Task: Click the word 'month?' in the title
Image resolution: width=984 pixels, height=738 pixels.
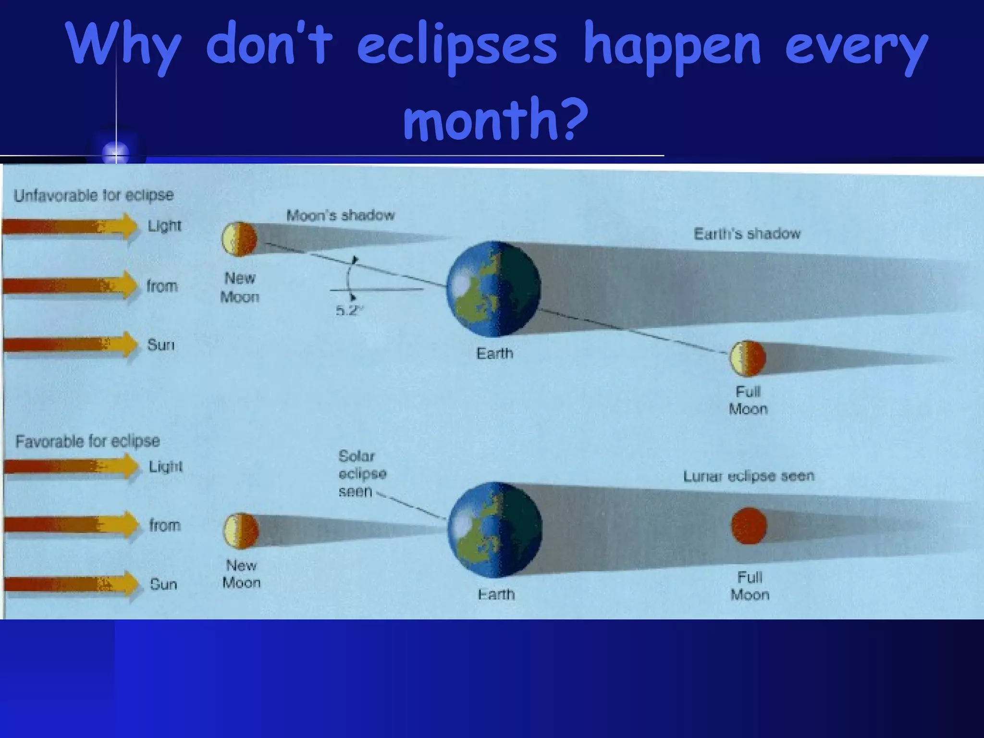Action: point(495,118)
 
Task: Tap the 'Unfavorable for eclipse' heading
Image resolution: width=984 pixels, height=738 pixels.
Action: point(94,196)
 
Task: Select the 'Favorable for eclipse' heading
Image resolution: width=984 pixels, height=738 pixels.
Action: point(87,441)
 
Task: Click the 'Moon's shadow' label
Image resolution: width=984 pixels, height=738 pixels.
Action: point(340,215)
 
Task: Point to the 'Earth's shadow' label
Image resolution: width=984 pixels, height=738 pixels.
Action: point(747,234)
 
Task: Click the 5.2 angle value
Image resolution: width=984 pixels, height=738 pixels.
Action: point(348,311)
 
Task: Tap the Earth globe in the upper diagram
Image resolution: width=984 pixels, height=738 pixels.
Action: point(493,288)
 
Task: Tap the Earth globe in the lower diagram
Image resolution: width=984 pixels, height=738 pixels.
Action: point(494,529)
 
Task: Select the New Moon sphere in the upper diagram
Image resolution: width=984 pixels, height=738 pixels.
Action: point(239,239)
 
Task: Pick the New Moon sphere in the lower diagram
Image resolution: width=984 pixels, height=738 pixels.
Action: point(241,531)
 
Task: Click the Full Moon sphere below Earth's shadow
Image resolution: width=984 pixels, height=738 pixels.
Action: point(747,358)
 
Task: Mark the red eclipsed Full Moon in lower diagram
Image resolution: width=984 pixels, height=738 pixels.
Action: point(749,526)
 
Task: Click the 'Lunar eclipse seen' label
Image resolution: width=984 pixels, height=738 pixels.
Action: point(749,476)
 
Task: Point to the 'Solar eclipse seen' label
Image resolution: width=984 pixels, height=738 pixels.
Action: point(362,474)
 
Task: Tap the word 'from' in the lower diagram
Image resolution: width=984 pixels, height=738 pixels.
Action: point(164,525)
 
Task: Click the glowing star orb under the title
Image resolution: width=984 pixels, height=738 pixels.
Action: point(116,153)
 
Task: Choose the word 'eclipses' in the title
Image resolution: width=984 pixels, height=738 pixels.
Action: point(456,46)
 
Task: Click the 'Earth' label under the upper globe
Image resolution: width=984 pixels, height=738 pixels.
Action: point(494,354)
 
